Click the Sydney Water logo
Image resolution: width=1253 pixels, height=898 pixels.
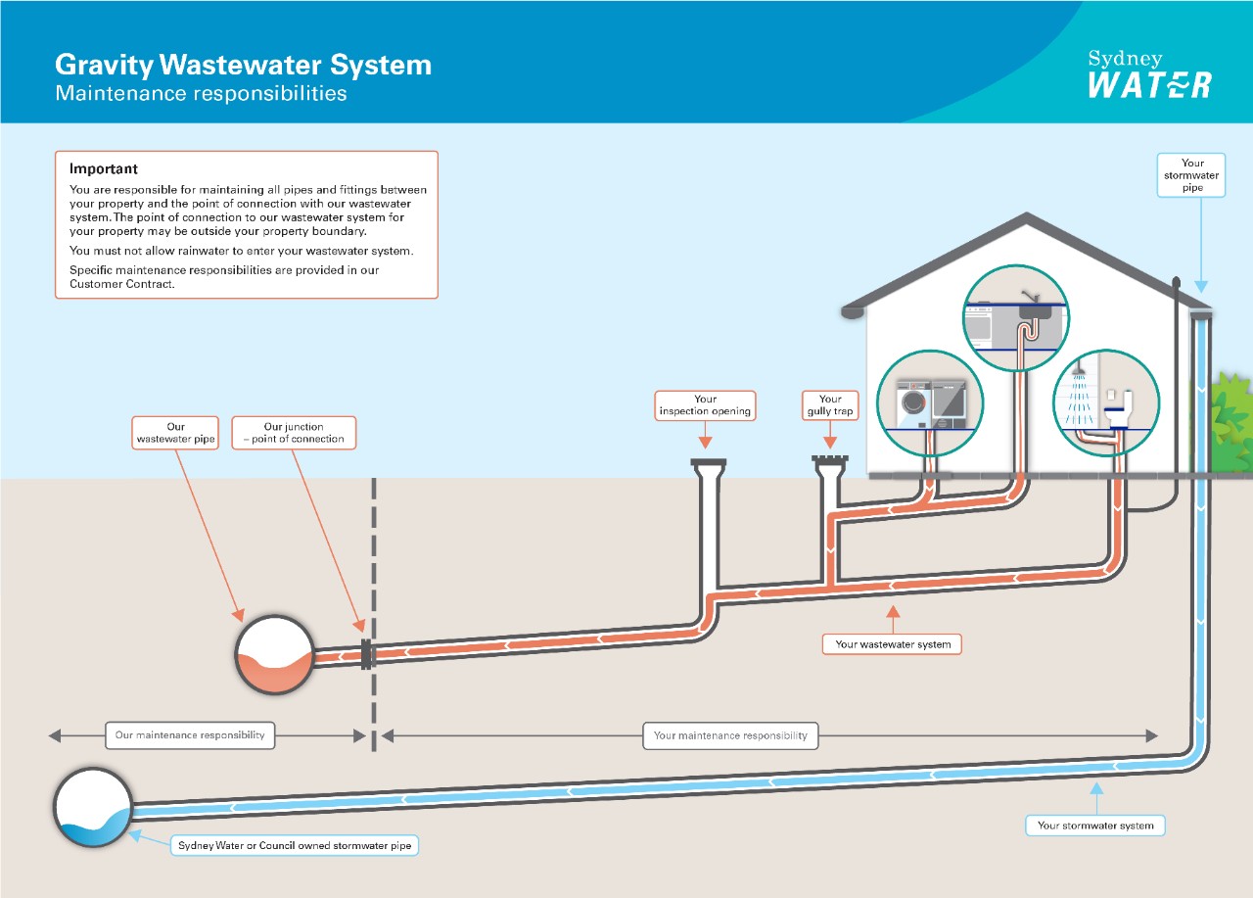(1149, 74)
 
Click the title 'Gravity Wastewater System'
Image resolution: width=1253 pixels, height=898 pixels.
(243, 66)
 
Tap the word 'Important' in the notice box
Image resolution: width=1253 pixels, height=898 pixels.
(103, 169)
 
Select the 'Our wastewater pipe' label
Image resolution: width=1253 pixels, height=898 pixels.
(176, 433)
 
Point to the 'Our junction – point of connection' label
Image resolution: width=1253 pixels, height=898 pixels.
(294, 433)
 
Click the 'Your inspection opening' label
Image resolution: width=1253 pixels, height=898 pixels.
(706, 405)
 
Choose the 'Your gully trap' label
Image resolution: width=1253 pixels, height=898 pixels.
(830, 405)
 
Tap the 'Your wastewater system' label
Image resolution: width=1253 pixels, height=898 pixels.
(893, 644)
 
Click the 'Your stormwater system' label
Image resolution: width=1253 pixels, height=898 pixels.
(1095, 826)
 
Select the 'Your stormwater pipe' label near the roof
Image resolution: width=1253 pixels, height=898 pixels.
(1191, 175)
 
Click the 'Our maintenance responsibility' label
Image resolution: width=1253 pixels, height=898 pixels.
(190, 735)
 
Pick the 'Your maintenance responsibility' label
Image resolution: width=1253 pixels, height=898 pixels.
(730, 735)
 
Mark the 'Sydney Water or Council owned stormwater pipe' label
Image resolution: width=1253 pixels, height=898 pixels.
(294, 845)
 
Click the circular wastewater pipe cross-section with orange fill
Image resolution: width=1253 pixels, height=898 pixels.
(274, 654)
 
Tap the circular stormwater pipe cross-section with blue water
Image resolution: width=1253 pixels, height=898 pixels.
(93, 808)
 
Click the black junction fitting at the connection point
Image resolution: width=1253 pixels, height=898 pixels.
(367, 654)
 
